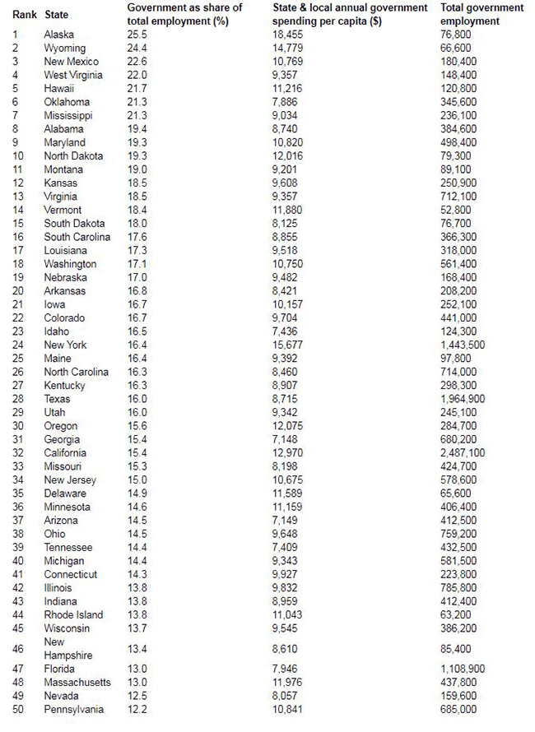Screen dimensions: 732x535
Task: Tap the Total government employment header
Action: pos(482,14)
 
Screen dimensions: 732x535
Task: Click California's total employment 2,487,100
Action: pos(463,453)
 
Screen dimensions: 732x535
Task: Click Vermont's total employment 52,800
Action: pos(457,211)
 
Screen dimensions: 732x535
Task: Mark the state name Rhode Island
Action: pos(73,615)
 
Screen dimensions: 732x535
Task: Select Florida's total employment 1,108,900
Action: pos(463,669)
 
